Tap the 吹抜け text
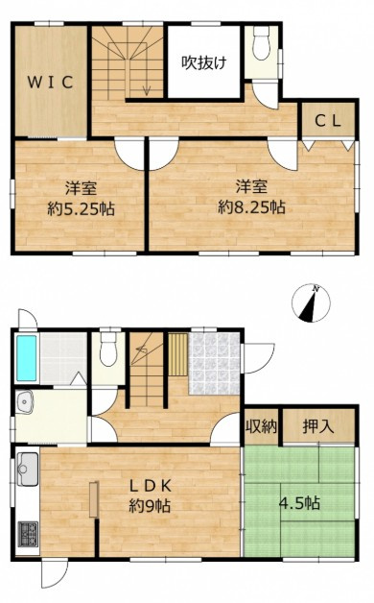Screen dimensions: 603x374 [x=204, y=62]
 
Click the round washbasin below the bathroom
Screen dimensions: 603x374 [x=24, y=403]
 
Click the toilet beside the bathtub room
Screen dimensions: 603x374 [x=108, y=352]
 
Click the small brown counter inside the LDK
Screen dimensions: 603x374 [x=94, y=501]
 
